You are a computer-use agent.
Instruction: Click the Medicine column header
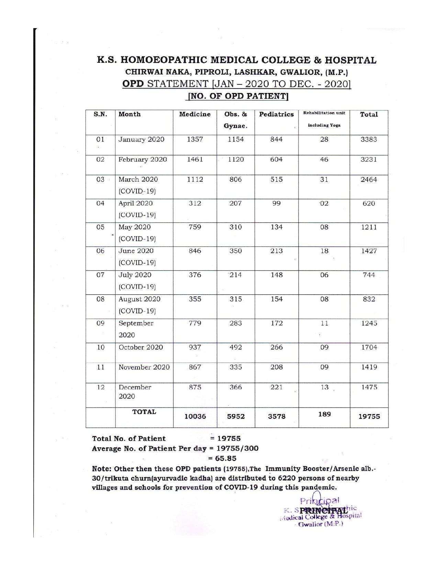point(195,115)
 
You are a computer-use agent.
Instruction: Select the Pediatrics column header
point(276,115)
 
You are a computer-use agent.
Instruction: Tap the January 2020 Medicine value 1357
point(195,140)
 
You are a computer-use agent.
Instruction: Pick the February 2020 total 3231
point(369,160)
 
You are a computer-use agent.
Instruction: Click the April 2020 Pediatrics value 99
point(276,203)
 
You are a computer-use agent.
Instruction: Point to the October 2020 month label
point(141,347)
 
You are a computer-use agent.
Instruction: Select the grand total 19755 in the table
point(369,416)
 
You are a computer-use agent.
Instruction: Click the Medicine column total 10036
point(195,416)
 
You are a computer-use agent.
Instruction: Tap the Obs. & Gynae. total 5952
point(236,416)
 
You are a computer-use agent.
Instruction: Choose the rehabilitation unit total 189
point(324,414)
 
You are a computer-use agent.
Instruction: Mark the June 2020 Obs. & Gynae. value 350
point(236,251)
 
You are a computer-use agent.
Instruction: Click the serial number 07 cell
point(100,275)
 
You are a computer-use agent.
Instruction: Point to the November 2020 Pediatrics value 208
point(276,367)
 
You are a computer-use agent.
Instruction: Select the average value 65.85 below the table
point(225,458)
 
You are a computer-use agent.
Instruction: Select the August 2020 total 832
point(369,299)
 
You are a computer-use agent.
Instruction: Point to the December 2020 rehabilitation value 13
point(324,387)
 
